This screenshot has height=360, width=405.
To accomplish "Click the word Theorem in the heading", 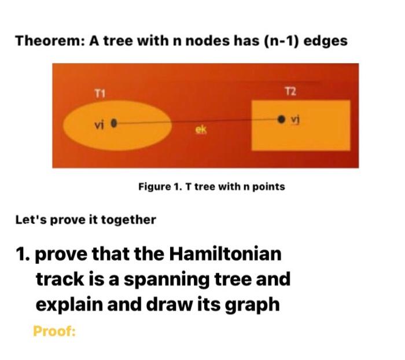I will [x=49, y=41].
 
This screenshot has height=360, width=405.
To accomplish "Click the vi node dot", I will [x=114, y=123].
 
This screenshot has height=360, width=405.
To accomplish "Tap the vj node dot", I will [x=281, y=119].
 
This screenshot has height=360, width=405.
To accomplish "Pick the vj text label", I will [x=295, y=119].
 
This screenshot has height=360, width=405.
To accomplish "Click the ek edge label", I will [x=201, y=131].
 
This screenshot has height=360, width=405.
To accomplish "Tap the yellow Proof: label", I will [x=55, y=332].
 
